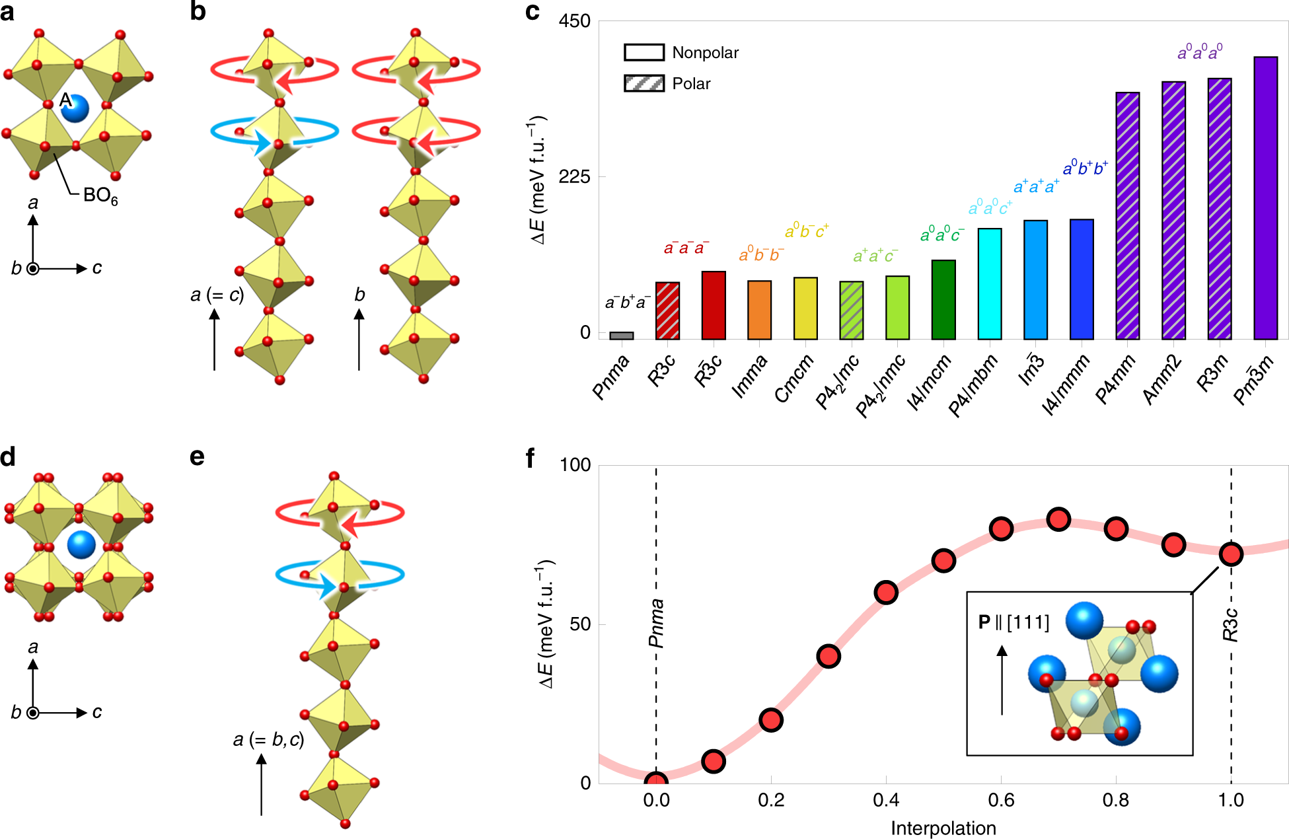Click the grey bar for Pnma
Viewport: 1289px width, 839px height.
pyautogui.click(x=621, y=336)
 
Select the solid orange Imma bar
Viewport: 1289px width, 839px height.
pyautogui.click(x=759, y=310)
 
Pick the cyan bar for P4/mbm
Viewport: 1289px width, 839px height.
pyautogui.click(x=989, y=284)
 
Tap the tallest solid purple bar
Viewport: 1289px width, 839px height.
pyautogui.click(x=1265, y=198)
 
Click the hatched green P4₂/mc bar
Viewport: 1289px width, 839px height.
pyautogui.click(x=851, y=310)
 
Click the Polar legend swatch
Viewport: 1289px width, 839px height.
pyautogui.click(x=644, y=83)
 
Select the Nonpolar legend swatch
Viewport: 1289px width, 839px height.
pyautogui.click(x=644, y=52)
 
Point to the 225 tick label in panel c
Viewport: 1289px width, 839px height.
pyautogui.click(x=573, y=177)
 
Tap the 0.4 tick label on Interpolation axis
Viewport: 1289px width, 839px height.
pyautogui.click(x=885, y=800)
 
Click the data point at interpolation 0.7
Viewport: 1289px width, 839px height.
pyautogui.click(x=1058, y=520)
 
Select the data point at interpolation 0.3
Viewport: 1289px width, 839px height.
pyautogui.click(x=829, y=656)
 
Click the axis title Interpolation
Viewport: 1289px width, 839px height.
pyautogui.click(x=943, y=828)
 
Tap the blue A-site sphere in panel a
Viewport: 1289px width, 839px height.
pyautogui.click(x=75, y=108)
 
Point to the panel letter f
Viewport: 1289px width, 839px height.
pyautogui.click(x=531, y=458)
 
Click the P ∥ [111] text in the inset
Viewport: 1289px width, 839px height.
pyautogui.click(x=1013, y=622)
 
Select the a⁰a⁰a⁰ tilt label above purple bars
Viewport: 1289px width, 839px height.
pyautogui.click(x=1200, y=52)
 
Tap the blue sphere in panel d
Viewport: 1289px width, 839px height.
pyautogui.click(x=81, y=544)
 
